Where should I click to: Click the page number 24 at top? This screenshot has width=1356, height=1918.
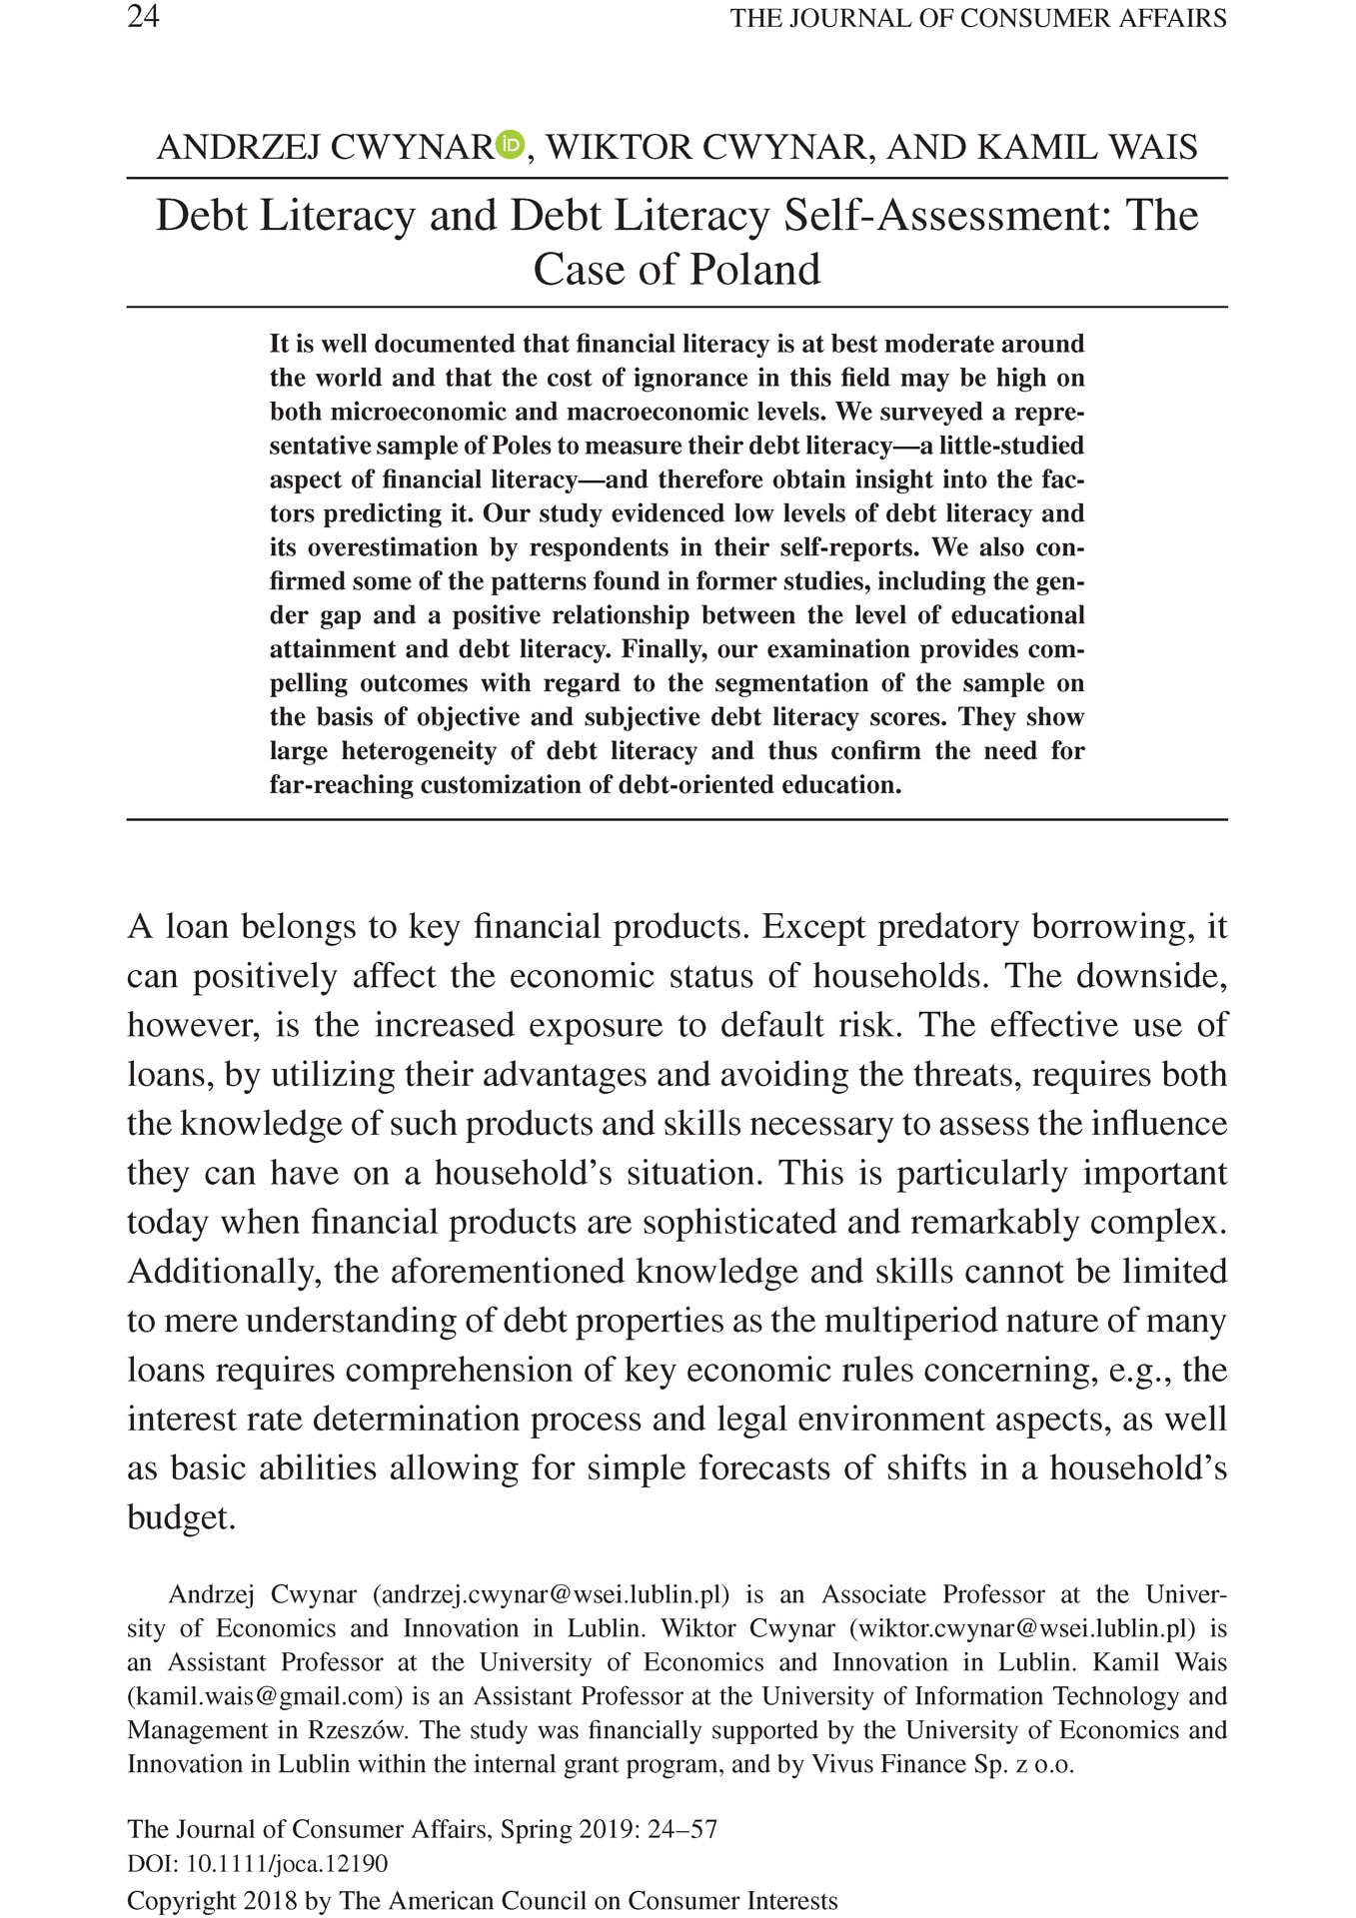click(x=143, y=17)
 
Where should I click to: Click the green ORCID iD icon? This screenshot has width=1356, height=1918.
click(x=511, y=145)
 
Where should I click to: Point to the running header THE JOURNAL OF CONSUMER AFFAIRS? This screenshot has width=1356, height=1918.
click(x=978, y=18)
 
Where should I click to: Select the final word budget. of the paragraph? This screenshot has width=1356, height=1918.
click(x=181, y=1517)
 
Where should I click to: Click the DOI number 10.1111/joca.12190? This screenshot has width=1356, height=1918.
click(x=288, y=1864)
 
